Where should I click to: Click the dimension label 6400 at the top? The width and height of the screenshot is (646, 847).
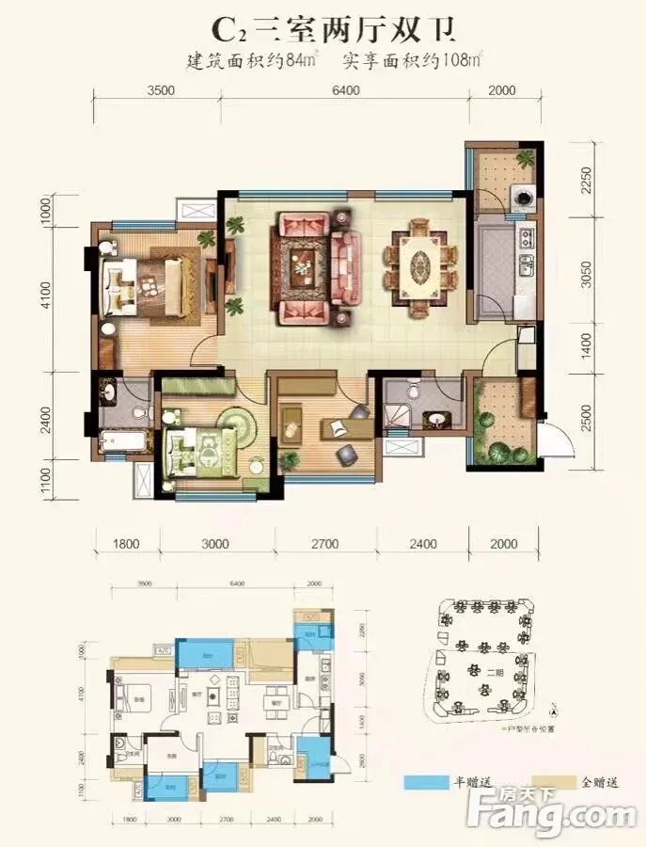tap(345, 90)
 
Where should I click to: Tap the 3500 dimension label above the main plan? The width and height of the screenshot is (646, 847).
tap(162, 90)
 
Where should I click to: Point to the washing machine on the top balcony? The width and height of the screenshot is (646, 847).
tap(522, 198)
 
